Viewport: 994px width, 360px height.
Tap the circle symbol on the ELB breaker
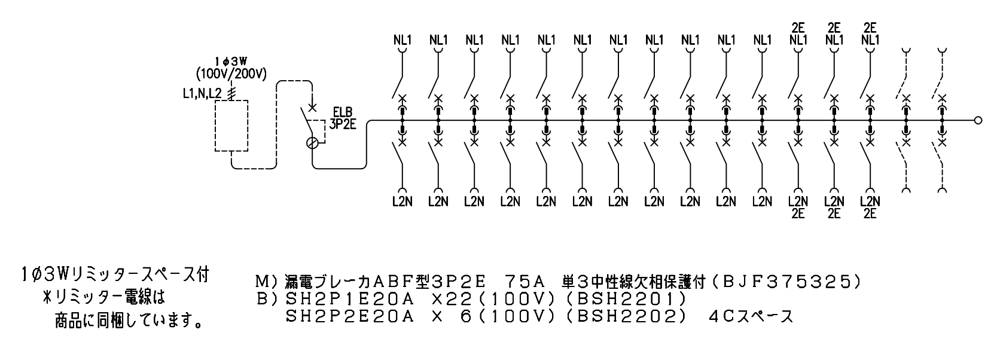coord(312,143)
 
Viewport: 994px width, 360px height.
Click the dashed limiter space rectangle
coord(231,126)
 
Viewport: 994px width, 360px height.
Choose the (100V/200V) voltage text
coord(231,74)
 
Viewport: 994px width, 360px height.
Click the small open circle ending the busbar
coord(978,120)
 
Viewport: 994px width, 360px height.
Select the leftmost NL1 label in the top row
coord(403,40)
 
